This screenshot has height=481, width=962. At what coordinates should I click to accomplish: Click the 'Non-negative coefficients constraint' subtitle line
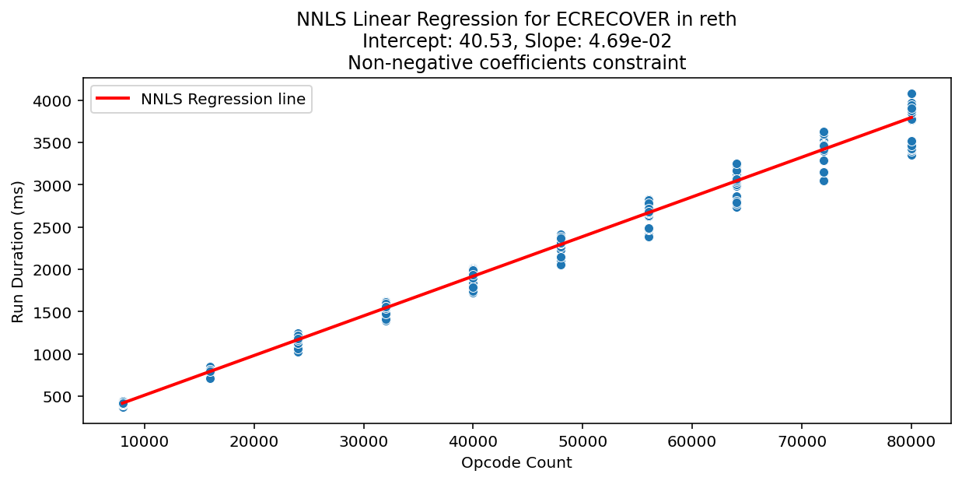(516, 63)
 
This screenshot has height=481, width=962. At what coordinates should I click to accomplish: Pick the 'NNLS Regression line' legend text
(222, 99)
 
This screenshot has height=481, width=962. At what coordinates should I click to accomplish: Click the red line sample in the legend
(114, 99)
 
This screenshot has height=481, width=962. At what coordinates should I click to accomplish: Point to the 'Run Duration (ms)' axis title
(18, 251)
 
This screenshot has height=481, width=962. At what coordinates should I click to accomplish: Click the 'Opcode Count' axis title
(516, 463)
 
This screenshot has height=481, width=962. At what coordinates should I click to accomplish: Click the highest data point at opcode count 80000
(911, 94)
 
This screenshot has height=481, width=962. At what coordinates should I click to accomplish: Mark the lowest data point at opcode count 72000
(824, 181)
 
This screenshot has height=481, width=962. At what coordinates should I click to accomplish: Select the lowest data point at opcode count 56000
(649, 236)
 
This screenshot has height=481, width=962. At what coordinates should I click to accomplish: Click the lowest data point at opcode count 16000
(210, 378)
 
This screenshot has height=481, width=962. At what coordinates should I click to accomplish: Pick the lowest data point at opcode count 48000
(561, 265)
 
